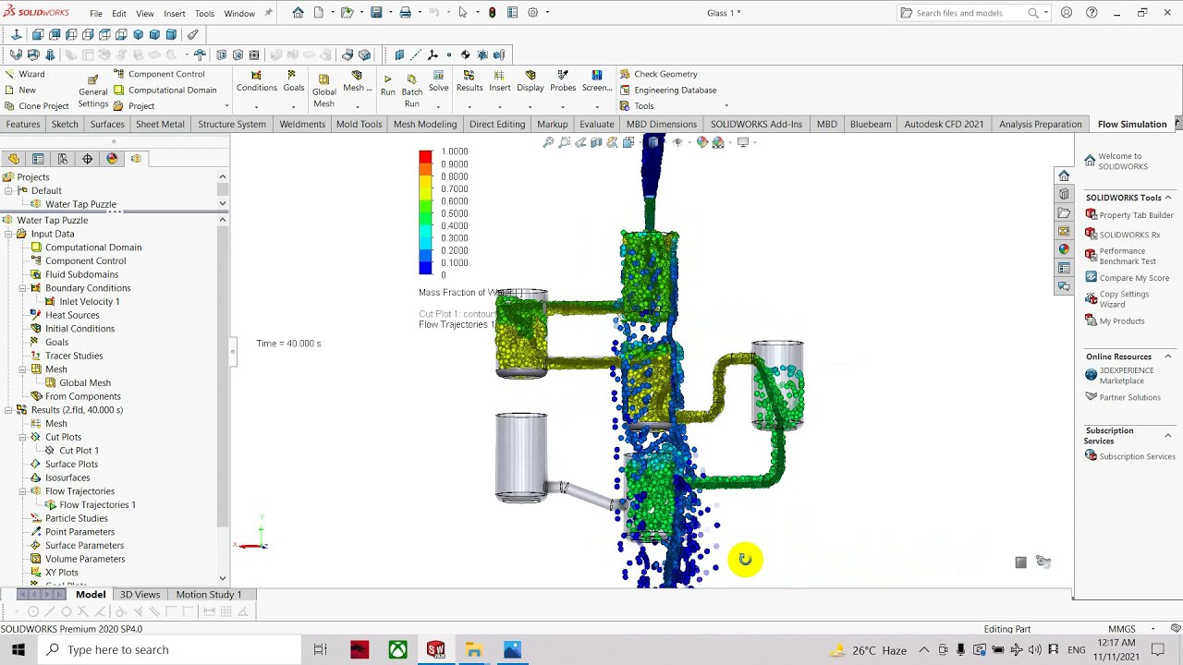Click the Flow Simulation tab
(1131, 124)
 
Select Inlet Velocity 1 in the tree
(89, 301)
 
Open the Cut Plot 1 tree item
(79, 451)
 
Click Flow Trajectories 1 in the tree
(97, 504)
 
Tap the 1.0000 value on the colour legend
(454, 151)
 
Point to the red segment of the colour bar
(425, 158)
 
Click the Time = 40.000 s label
(288, 344)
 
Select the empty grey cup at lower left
(521, 457)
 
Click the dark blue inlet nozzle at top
(652, 166)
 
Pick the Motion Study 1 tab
(208, 595)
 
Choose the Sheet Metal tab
(160, 124)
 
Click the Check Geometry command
(665, 74)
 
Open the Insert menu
(174, 14)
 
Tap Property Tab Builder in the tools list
(1136, 215)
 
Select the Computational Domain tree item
(93, 248)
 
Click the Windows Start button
(18, 649)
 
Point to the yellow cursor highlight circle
(745, 559)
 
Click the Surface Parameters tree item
(84, 545)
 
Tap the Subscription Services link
(1137, 456)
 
